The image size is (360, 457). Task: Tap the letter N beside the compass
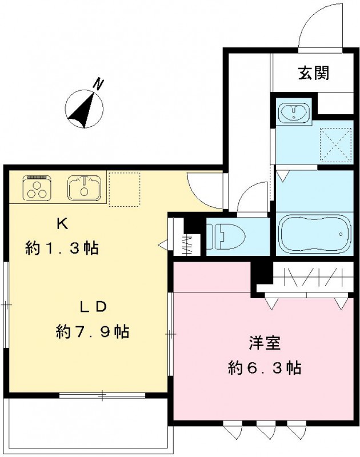point(99,85)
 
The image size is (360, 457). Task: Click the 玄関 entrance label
point(313,73)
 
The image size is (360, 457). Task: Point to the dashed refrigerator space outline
point(124,189)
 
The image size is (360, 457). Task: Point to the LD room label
point(92,306)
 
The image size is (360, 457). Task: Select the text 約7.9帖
point(92,331)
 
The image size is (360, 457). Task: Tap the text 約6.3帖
point(263,368)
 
